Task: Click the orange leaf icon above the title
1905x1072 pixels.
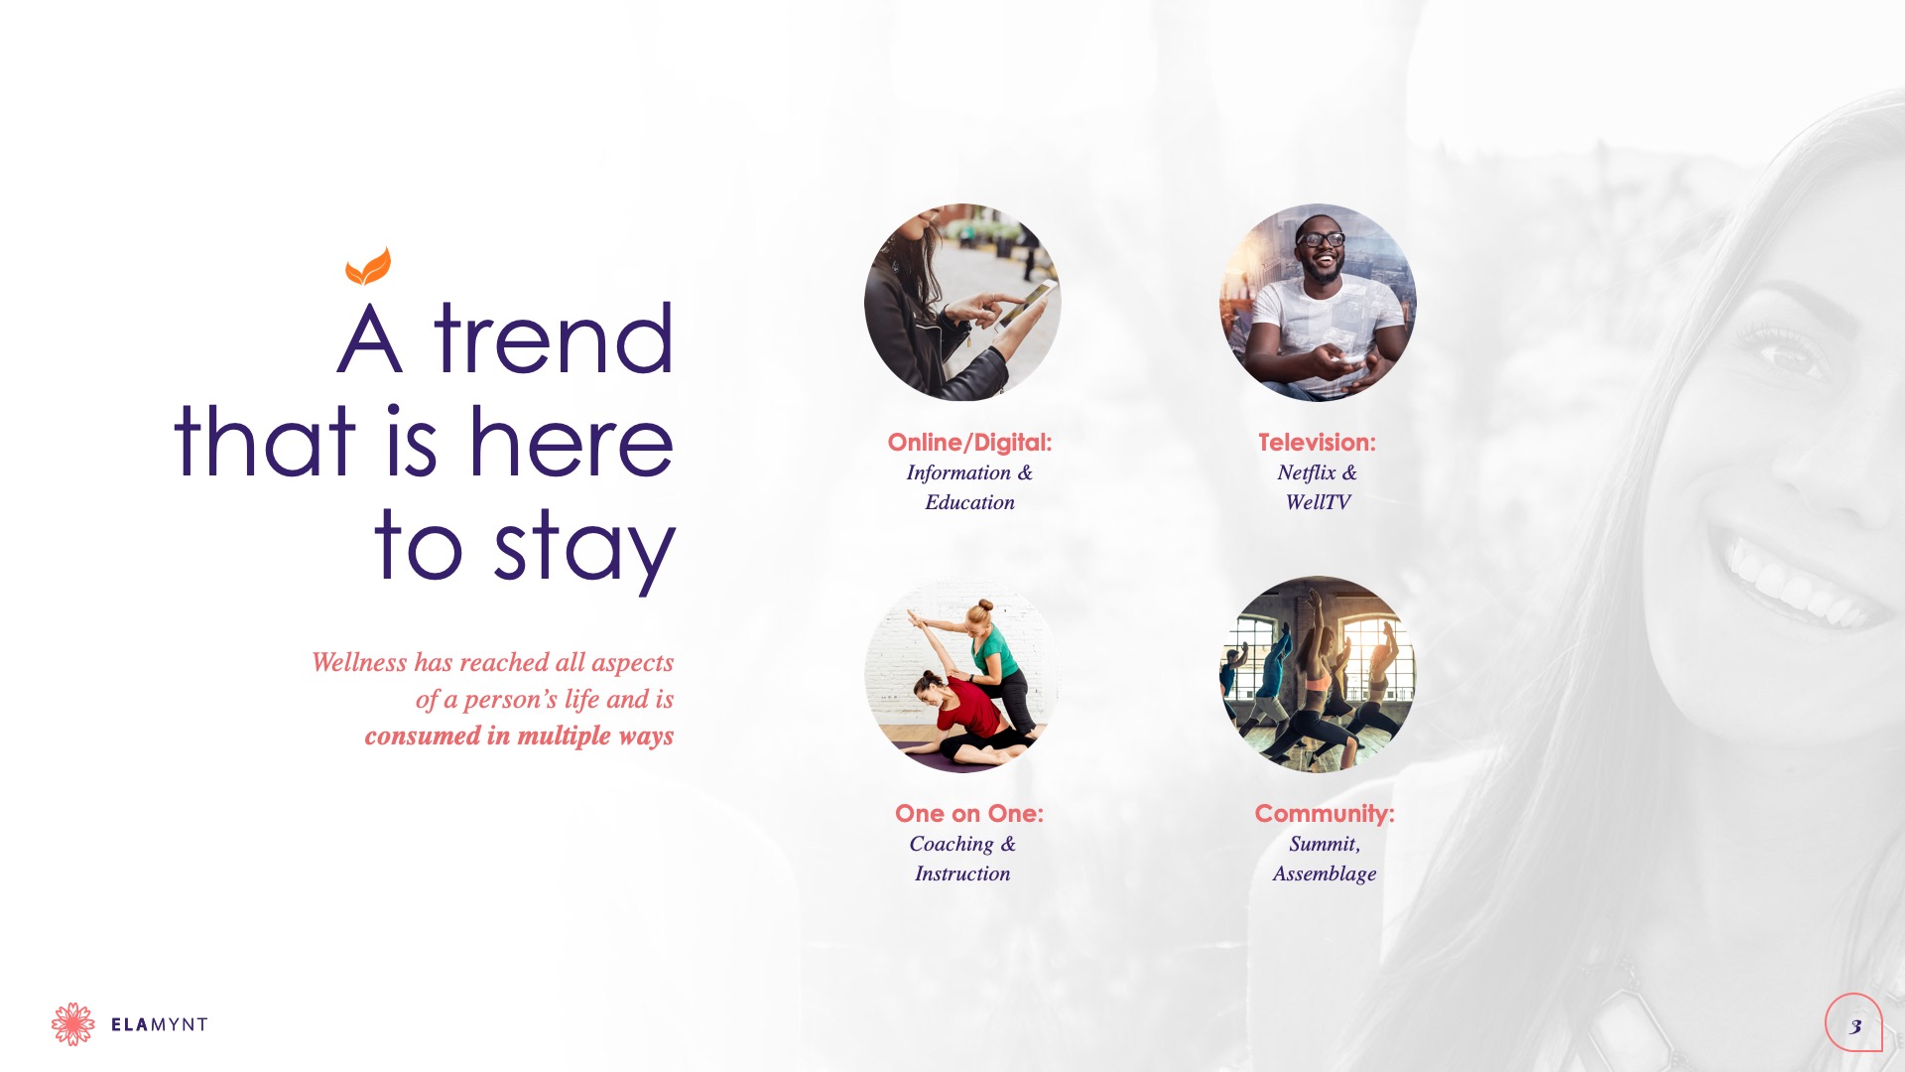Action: pos(368,266)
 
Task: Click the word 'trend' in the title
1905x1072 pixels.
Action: pos(554,338)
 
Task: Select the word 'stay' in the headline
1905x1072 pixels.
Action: pos(584,549)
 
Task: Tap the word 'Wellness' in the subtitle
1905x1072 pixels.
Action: pos(359,662)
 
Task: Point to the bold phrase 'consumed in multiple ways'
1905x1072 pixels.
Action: pos(519,736)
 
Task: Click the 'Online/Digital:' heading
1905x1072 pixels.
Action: pos(969,443)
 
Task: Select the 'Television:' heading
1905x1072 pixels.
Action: pos(1317,443)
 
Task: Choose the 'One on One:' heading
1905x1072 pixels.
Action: pos(969,814)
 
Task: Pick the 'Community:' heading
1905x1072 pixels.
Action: pos(1325,814)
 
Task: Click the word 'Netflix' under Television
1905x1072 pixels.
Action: pos(1307,472)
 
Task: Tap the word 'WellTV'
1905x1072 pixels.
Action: pos(1318,502)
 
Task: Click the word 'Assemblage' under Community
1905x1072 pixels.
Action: pos(1325,873)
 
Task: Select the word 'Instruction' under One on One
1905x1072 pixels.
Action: pos(962,873)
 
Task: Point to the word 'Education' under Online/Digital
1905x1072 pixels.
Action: pos(970,502)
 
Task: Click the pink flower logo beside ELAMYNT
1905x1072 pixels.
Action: pos(73,1024)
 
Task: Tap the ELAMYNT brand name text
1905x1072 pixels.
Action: pos(159,1024)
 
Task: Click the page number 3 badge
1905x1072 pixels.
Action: pos(1853,1022)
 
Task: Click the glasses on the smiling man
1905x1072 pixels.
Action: pos(1321,239)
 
